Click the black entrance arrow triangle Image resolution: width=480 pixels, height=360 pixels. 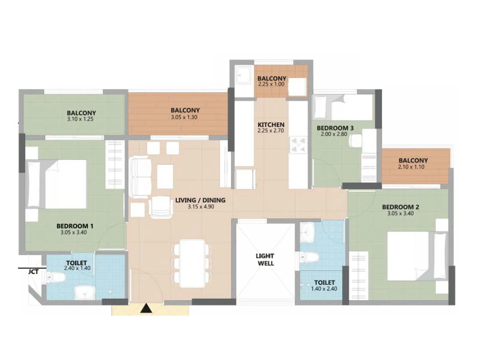click(146, 308)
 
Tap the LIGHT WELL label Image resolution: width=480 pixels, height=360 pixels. click(265, 259)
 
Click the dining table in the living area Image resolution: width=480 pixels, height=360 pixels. click(192, 263)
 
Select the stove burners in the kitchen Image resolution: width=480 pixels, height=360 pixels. click(298, 145)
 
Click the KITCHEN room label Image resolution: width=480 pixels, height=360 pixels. click(271, 124)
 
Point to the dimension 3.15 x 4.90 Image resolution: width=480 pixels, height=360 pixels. click(201, 207)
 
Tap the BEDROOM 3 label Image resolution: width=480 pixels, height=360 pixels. click(335, 128)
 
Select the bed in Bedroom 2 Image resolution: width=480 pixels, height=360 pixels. click(415, 256)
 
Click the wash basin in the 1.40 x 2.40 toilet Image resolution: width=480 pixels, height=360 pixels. click(307, 232)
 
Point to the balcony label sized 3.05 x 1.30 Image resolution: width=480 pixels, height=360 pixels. click(185, 110)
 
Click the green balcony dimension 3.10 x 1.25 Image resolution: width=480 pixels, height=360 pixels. click(80, 119)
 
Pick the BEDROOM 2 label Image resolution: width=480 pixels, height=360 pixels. click(400, 207)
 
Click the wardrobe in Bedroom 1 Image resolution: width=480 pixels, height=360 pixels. click(115, 164)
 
